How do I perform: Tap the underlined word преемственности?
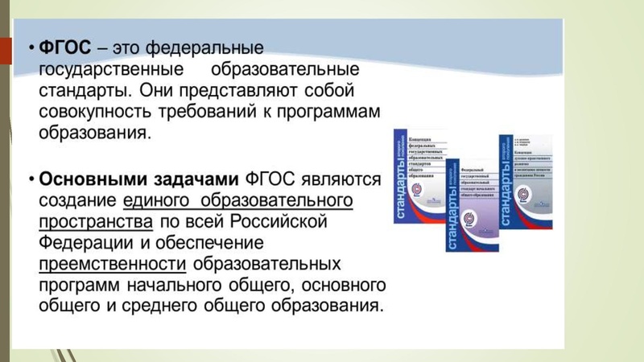(113, 263)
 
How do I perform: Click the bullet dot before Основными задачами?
(30, 178)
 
